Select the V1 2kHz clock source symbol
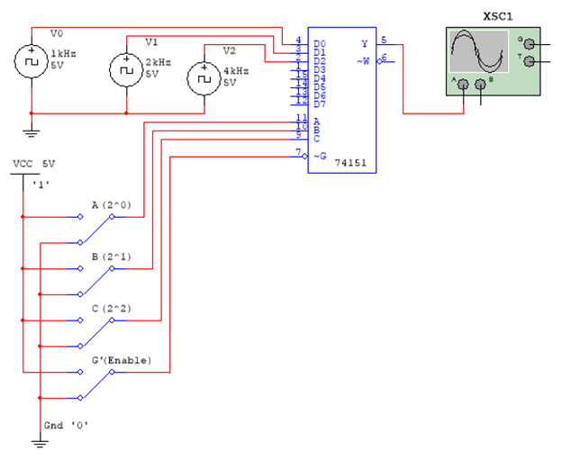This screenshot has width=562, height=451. [x=124, y=68]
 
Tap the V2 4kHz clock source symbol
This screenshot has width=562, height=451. [x=202, y=78]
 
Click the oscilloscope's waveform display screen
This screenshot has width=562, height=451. [x=478, y=53]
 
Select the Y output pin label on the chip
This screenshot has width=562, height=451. [x=364, y=43]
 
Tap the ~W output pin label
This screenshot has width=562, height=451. [x=363, y=60]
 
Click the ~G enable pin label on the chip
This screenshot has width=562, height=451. [x=320, y=156]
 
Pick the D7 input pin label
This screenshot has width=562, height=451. [x=321, y=104]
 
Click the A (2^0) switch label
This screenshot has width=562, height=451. [x=112, y=205]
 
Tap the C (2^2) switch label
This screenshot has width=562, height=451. [x=112, y=309]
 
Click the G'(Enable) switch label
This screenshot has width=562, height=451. [x=122, y=360]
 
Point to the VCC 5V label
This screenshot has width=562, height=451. [x=34, y=164]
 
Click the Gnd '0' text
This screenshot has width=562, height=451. [x=66, y=424]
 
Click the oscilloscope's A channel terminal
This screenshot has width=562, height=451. [x=463, y=85]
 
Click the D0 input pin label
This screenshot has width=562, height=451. [x=321, y=43]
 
